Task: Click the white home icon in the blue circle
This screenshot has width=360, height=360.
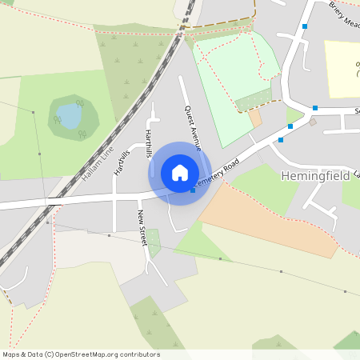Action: [180, 173]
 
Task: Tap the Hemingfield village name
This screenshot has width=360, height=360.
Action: [315, 174]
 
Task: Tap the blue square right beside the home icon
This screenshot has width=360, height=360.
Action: [193, 190]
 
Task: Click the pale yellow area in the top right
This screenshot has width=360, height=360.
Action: [342, 68]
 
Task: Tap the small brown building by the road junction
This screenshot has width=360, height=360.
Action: [313, 122]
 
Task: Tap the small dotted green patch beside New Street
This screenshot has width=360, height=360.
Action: [153, 240]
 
